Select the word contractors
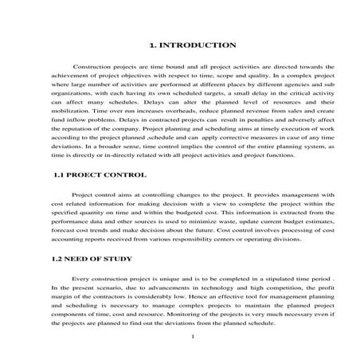pyautogui.click(x=111, y=304)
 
